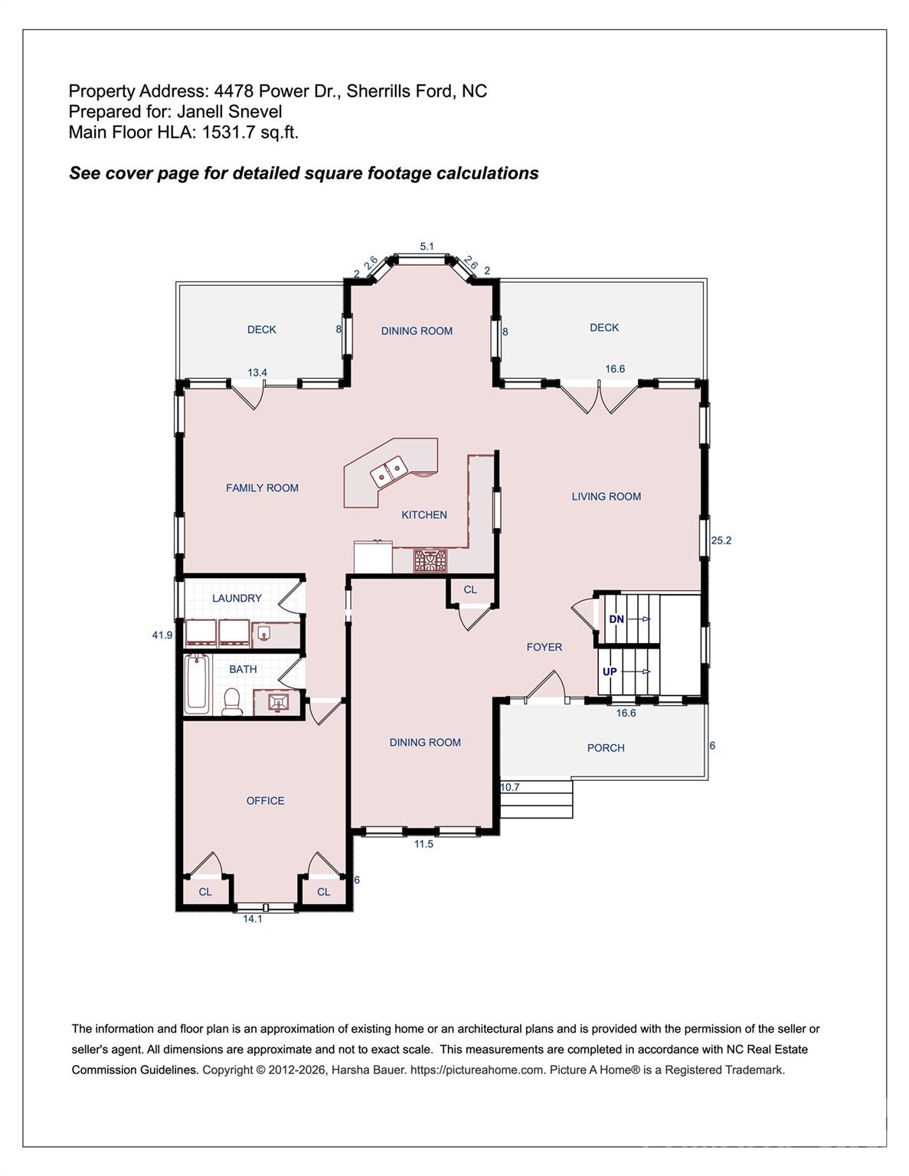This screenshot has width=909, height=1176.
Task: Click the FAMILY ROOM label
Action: coord(262,488)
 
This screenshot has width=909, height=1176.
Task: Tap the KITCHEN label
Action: coord(424,514)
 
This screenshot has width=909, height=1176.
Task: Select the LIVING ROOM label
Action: coord(606,496)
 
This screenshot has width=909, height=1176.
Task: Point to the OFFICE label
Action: coord(265,800)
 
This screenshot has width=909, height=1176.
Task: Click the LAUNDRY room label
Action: coord(237,598)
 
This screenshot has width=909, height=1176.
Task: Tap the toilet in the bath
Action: coord(231,701)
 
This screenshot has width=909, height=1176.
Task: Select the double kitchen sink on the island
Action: coord(389,471)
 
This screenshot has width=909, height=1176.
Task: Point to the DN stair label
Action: coord(616,619)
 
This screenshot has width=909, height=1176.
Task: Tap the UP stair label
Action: coord(610,671)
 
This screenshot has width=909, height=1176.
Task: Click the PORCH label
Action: coord(606,747)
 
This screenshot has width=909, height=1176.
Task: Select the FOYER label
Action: coord(544,647)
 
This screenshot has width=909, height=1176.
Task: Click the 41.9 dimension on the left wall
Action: coord(162,635)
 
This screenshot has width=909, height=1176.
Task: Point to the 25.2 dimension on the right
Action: coord(721,540)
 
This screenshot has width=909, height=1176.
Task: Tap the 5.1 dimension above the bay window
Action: coord(427,246)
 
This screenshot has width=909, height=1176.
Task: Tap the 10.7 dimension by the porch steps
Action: coord(510,787)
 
